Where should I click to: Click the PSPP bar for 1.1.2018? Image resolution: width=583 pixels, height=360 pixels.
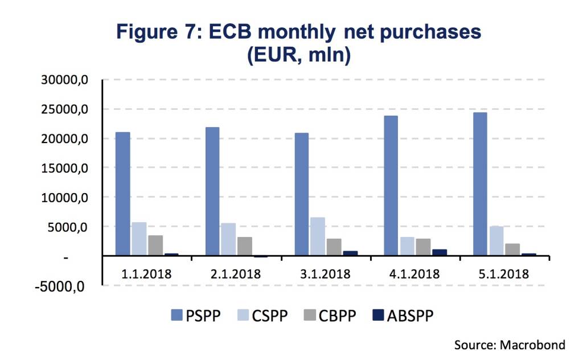tap(123, 194)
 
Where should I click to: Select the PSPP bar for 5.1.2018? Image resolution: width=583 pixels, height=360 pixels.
tap(480, 184)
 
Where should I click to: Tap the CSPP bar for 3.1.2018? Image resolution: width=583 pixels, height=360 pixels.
tap(318, 236)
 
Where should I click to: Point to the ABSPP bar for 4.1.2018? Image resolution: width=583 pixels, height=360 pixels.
tap(440, 252)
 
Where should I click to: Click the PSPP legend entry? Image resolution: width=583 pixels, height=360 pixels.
tap(196, 315)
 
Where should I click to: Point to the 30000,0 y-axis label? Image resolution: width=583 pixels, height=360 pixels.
tap(63, 80)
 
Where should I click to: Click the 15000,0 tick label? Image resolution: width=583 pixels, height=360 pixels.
tap(63, 168)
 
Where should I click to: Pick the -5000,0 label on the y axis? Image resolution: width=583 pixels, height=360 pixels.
tap(60, 286)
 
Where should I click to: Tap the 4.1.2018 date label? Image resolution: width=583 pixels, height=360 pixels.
tap(415, 273)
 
